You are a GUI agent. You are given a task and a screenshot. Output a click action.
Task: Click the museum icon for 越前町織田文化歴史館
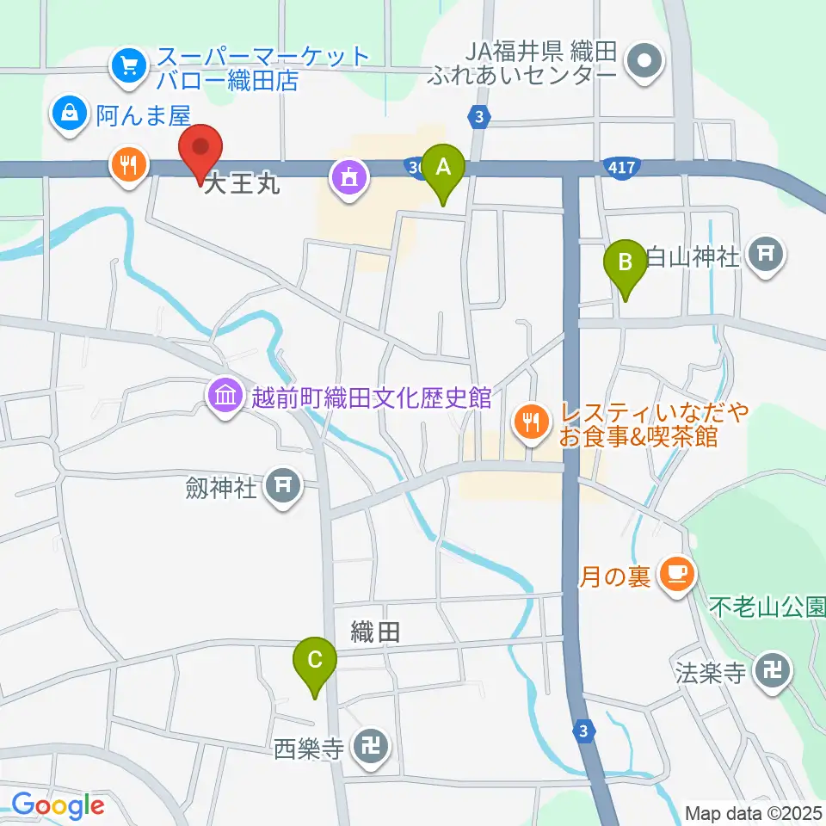(x=225, y=397)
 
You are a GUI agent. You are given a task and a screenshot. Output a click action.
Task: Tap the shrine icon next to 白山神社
(x=765, y=253)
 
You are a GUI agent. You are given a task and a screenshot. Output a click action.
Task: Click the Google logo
(x=58, y=806)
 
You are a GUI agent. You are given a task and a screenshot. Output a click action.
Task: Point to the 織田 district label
(x=376, y=633)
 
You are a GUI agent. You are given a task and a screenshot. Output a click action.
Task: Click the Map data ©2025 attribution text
(x=753, y=812)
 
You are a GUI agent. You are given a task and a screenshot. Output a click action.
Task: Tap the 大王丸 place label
(x=242, y=185)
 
